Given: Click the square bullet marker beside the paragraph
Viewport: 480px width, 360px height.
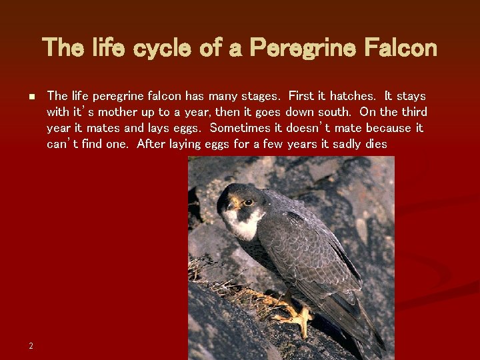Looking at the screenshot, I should point(31,97).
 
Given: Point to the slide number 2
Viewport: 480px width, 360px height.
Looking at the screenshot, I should point(31,345).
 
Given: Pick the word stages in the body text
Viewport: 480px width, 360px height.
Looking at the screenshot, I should point(261,96).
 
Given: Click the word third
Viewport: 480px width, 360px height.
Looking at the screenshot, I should point(413,112).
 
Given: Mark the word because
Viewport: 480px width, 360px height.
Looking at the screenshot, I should point(389,128).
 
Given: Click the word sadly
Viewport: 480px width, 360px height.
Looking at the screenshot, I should point(345,144).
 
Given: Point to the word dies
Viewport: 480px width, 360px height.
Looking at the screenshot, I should point(377,144).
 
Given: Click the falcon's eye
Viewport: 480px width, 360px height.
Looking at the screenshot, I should point(248,202).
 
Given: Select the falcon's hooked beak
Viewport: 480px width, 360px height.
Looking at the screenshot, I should point(233,205).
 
